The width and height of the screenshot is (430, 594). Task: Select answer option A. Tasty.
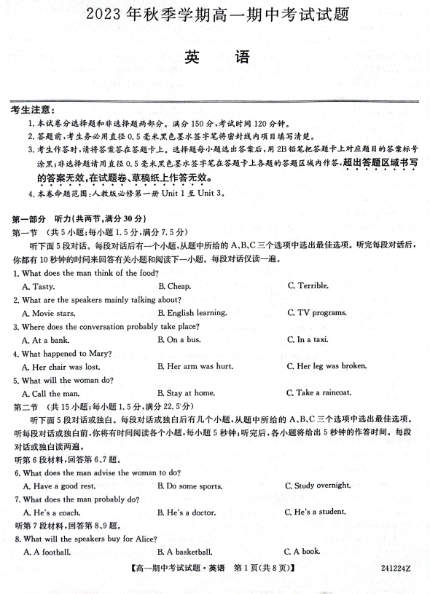(x=38, y=287)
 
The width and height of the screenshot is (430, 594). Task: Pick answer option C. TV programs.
(x=316, y=313)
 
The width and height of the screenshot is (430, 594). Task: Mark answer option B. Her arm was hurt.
(x=195, y=366)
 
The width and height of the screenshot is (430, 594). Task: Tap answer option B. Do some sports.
(x=189, y=486)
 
